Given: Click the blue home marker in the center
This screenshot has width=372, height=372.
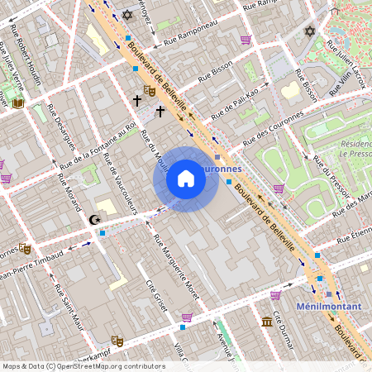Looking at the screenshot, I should (x=186, y=179).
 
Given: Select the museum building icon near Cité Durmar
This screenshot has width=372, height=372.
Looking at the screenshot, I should (x=267, y=322).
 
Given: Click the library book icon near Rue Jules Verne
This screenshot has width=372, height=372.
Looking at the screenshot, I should (x=18, y=103).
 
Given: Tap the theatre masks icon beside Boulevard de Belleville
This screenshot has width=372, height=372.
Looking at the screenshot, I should (x=150, y=89).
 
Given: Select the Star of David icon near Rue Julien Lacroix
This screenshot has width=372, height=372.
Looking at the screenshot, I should (x=310, y=31).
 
